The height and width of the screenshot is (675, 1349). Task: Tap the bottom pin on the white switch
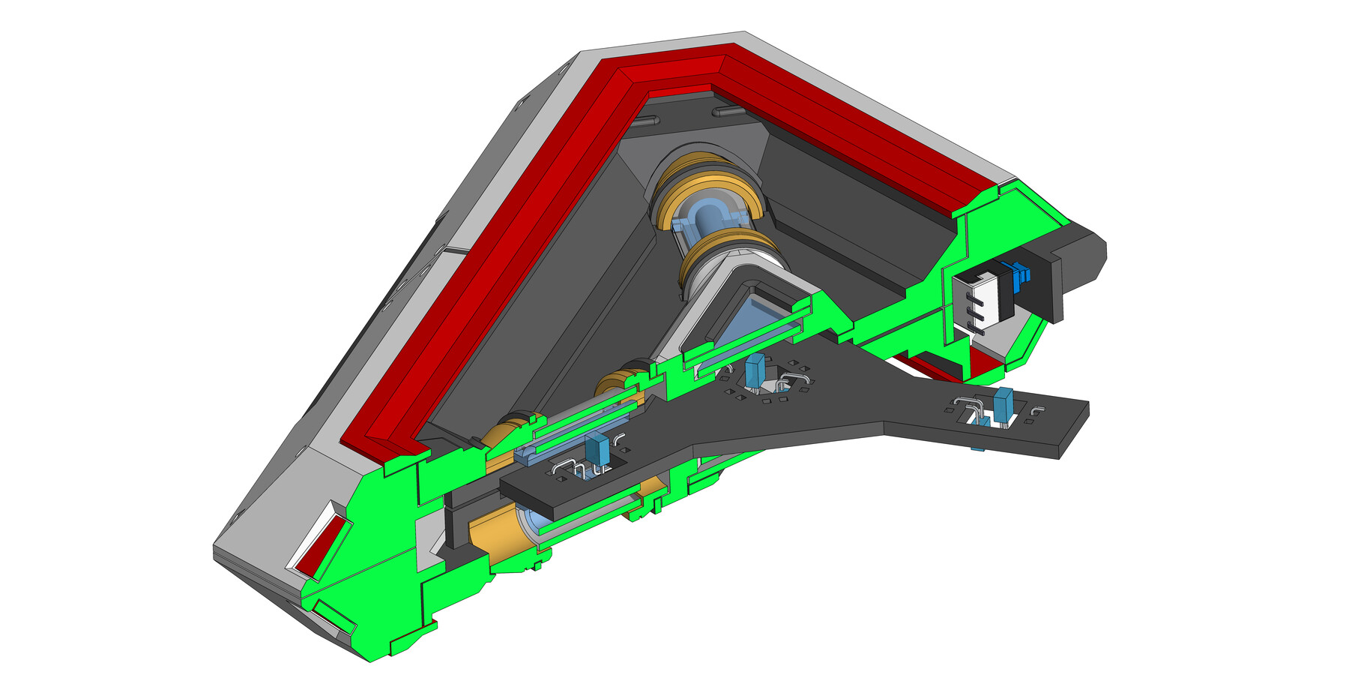pyautogui.click(x=975, y=324)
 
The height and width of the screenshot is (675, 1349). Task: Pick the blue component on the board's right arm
pyautogui.click(x=1003, y=406)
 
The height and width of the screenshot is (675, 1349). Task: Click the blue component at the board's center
pyautogui.click(x=755, y=371)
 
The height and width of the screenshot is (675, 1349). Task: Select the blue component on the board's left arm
pyautogui.click(x=597, y=451)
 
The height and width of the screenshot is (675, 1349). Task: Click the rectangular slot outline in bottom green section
pyautogui.click(x=334, y=616)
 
